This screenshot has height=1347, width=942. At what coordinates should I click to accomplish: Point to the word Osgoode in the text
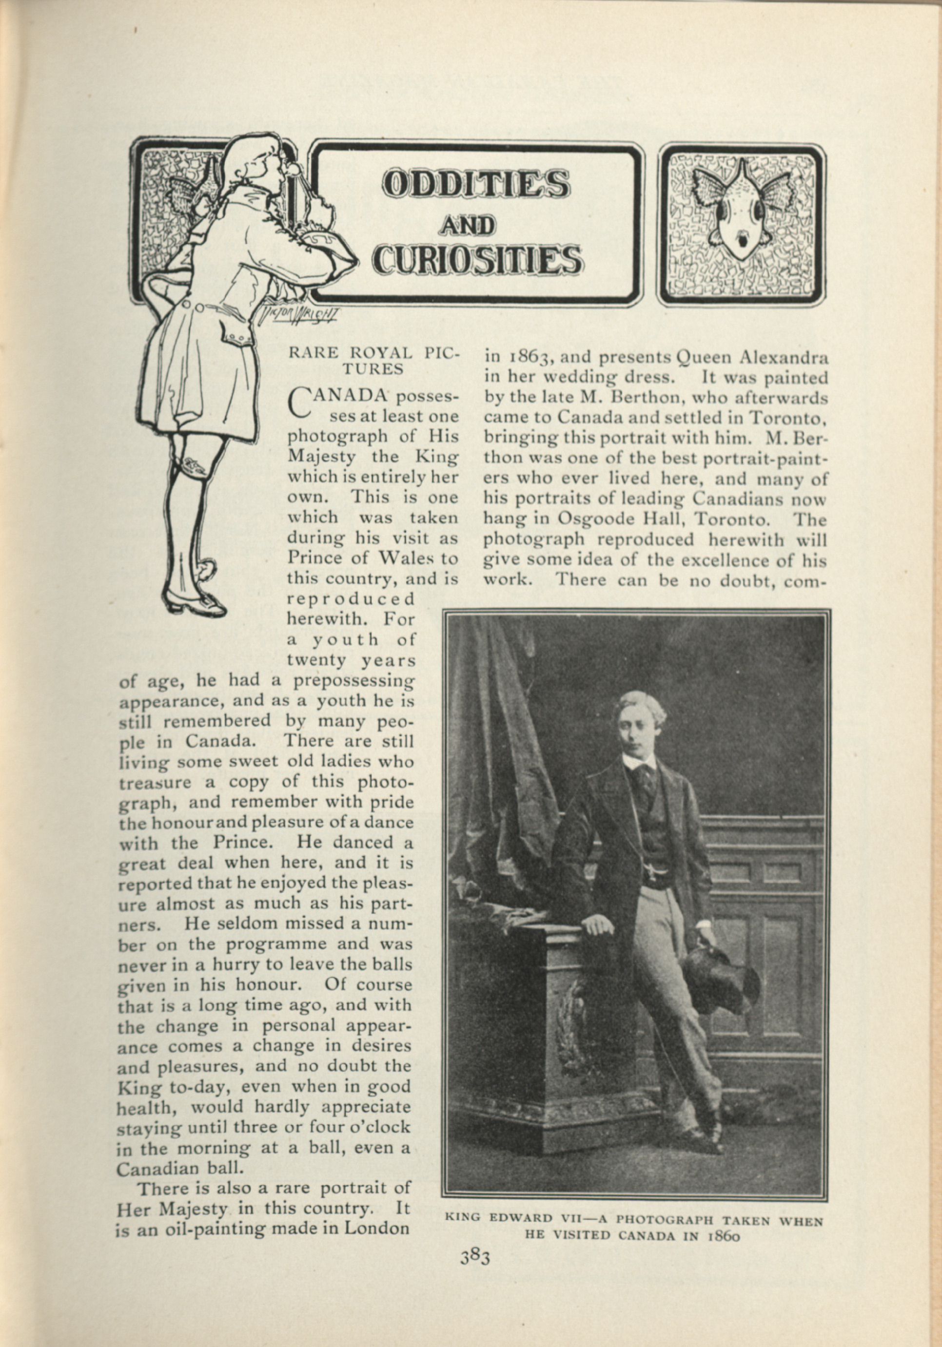coord(594,519)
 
